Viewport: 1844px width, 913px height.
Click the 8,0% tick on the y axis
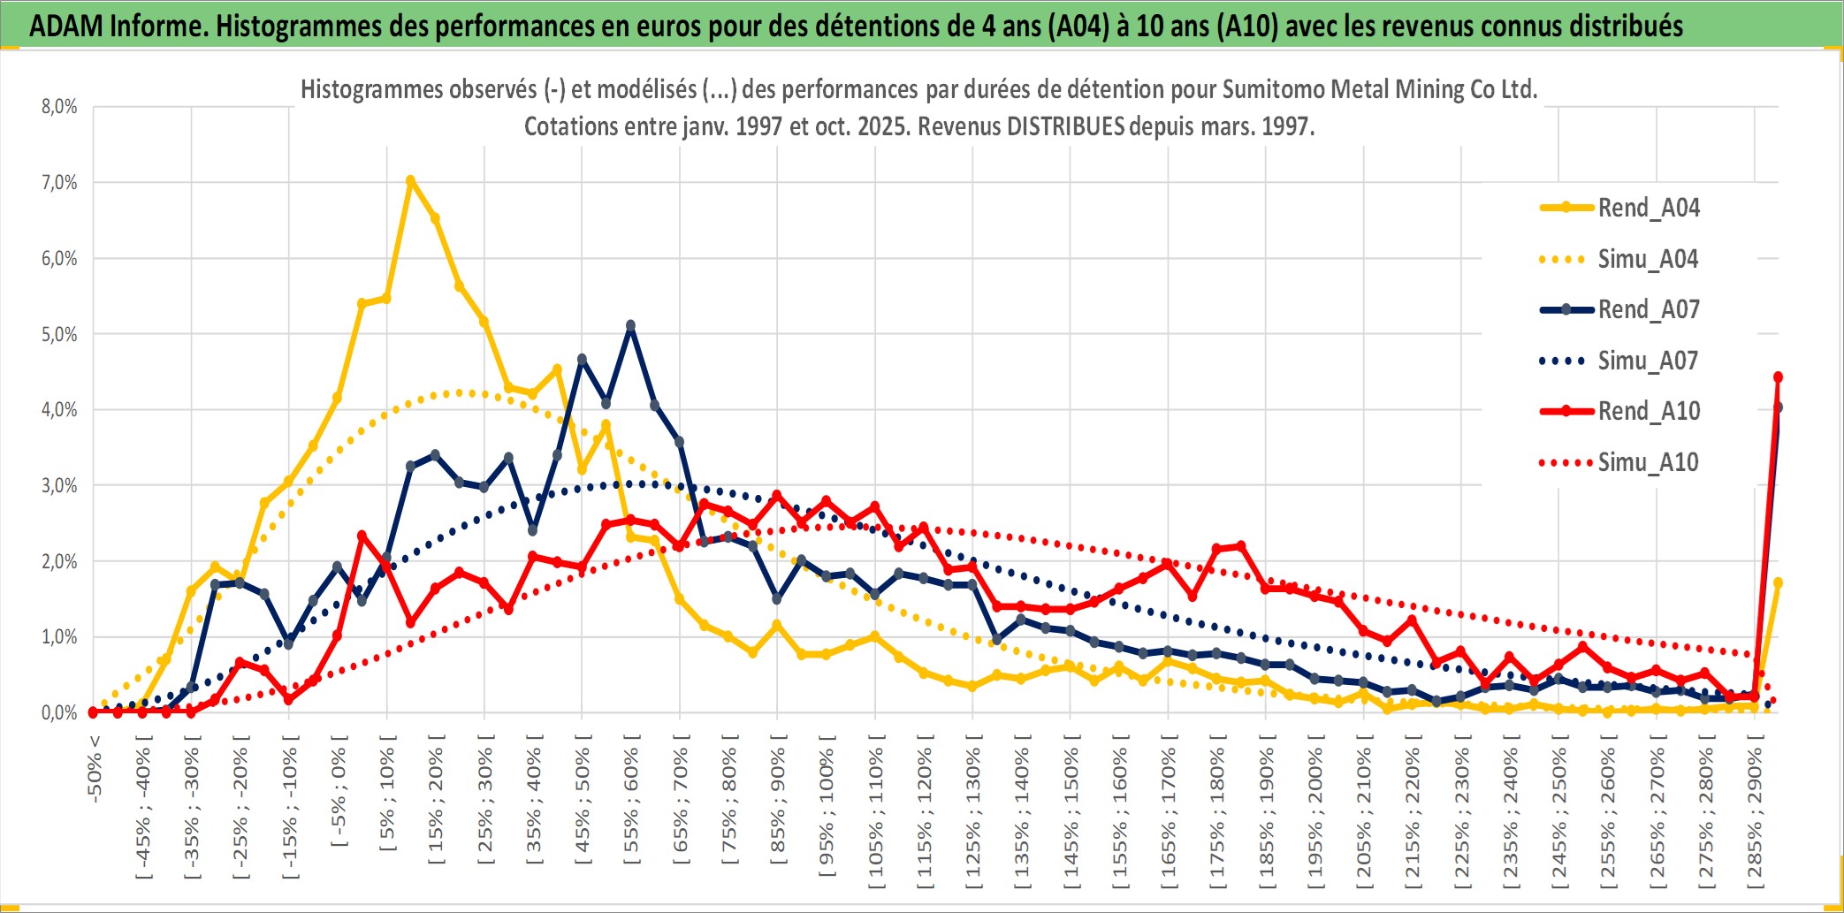59,107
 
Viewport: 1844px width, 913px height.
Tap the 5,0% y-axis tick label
59,334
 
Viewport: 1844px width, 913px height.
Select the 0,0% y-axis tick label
59,712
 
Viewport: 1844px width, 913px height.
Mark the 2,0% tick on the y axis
59,561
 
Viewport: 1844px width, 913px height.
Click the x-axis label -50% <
95,769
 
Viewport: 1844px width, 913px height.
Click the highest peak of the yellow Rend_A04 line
410,180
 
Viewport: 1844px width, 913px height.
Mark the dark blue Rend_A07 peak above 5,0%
630,325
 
